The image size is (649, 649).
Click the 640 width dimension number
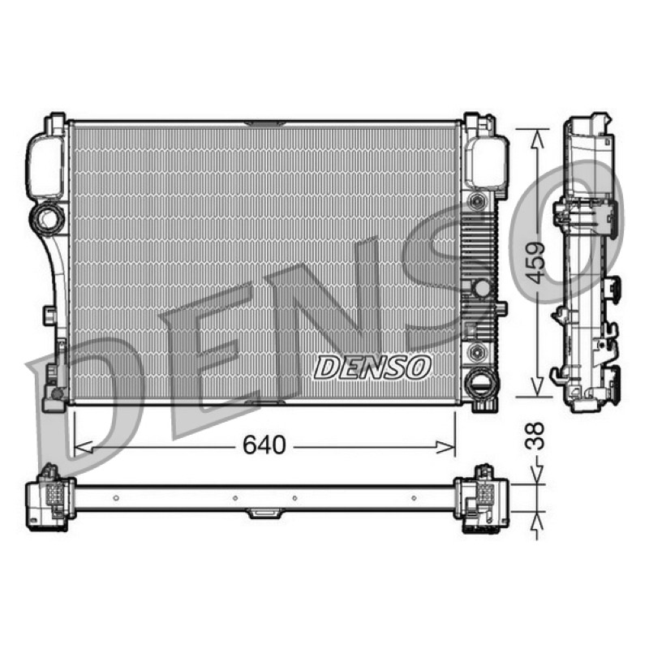tap(264, 445)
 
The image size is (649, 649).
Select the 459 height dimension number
tap(537, 262)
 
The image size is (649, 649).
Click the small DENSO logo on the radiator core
tap(372, 367)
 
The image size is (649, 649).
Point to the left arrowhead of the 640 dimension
tap(84, 447)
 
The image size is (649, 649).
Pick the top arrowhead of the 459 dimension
tap(537, 139)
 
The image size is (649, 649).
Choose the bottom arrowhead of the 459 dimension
tap(537, 386)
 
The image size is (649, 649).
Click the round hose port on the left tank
tap(48, 217)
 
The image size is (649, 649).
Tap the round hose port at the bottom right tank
tap(481, 383)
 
